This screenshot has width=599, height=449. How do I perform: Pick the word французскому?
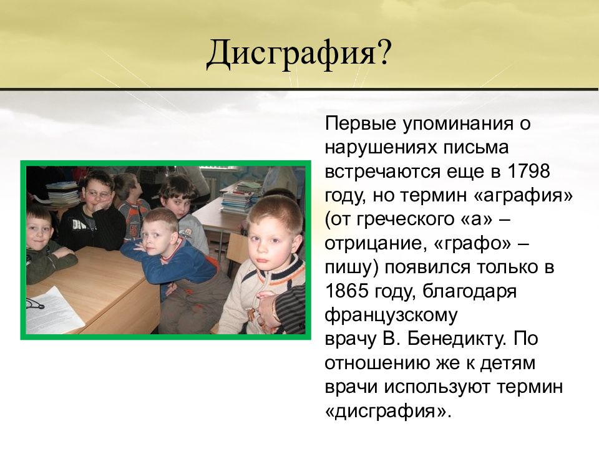tap(391, 316)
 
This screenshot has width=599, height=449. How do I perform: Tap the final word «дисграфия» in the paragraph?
tap(385, 411)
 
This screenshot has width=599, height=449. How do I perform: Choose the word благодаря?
tap(469, 292)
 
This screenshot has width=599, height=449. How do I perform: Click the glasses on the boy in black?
tap(98, 195)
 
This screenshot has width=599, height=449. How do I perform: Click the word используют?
tap(437, 387)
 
